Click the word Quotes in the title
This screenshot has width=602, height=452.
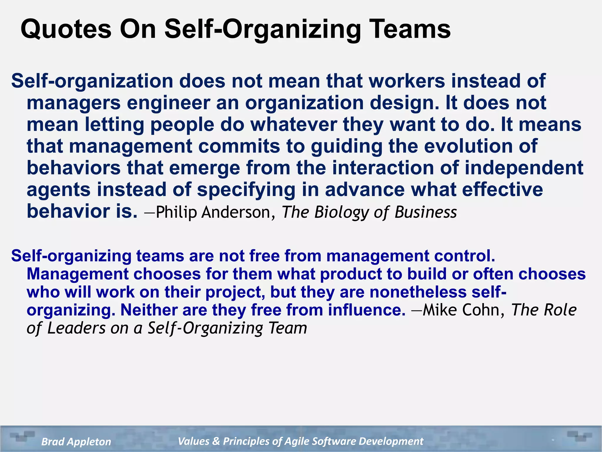click(x=66, y=29)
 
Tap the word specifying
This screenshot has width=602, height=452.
click(x=246, y=190)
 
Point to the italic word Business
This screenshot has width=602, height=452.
click(x=426, y=212)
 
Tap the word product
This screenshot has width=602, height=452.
click(x=351, y=274)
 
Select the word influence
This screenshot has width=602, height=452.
click(x=367, y=310)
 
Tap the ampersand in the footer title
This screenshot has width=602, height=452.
click(x=216, y=441)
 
